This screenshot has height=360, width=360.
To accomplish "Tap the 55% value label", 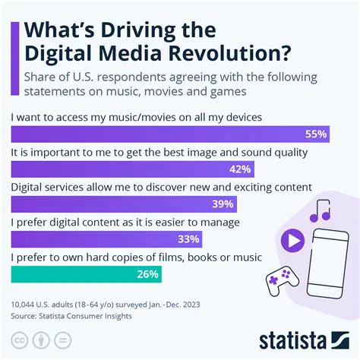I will [315, 134].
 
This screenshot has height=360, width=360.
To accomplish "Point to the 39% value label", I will [223, 204].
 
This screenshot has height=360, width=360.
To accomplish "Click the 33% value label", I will [189, 239].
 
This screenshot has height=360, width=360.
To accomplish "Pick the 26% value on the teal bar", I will [148, 274].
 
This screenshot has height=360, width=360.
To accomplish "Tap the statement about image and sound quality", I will [159, 152].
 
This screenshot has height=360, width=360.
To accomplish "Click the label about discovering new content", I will [162, 187].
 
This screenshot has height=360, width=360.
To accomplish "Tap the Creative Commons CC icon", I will [18, 339].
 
